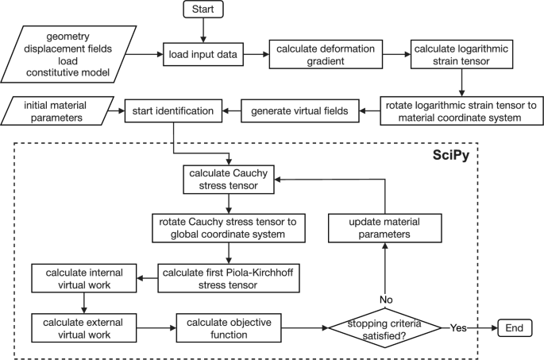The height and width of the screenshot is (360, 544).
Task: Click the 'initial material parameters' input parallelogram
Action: (x=60, y=110)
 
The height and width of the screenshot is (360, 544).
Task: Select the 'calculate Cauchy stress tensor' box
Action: (x=229, y=179)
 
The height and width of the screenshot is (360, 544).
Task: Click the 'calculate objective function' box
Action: (x=229, y=327)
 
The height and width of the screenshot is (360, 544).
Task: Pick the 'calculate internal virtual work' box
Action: (x=83, y=279)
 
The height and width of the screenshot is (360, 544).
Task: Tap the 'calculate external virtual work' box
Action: (x=83, y=327)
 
